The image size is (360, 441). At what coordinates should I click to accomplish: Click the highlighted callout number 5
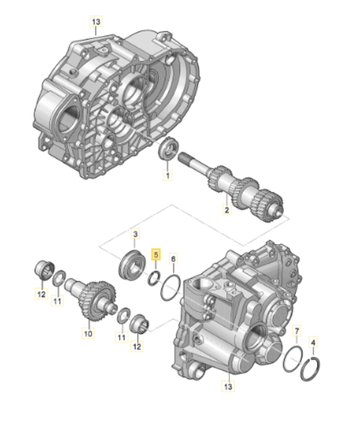[156, 255]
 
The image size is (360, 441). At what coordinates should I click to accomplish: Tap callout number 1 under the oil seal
[168, 175]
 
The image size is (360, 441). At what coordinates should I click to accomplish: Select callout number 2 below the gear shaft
[226, 209]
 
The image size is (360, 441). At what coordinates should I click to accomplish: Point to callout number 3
[135, 234]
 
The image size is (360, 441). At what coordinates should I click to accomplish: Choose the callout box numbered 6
[173, 259]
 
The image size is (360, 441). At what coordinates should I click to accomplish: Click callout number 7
[297, 331]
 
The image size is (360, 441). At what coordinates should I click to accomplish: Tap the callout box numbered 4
[313, 342]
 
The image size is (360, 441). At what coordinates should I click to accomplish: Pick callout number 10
[88, 333]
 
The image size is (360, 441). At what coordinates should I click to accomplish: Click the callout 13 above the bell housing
[96, 21]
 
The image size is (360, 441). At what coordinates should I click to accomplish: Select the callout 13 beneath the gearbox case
[228, 386]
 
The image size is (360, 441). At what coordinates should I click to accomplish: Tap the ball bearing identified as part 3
[132, 264]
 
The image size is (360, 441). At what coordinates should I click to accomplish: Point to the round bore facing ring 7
[255, 338]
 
